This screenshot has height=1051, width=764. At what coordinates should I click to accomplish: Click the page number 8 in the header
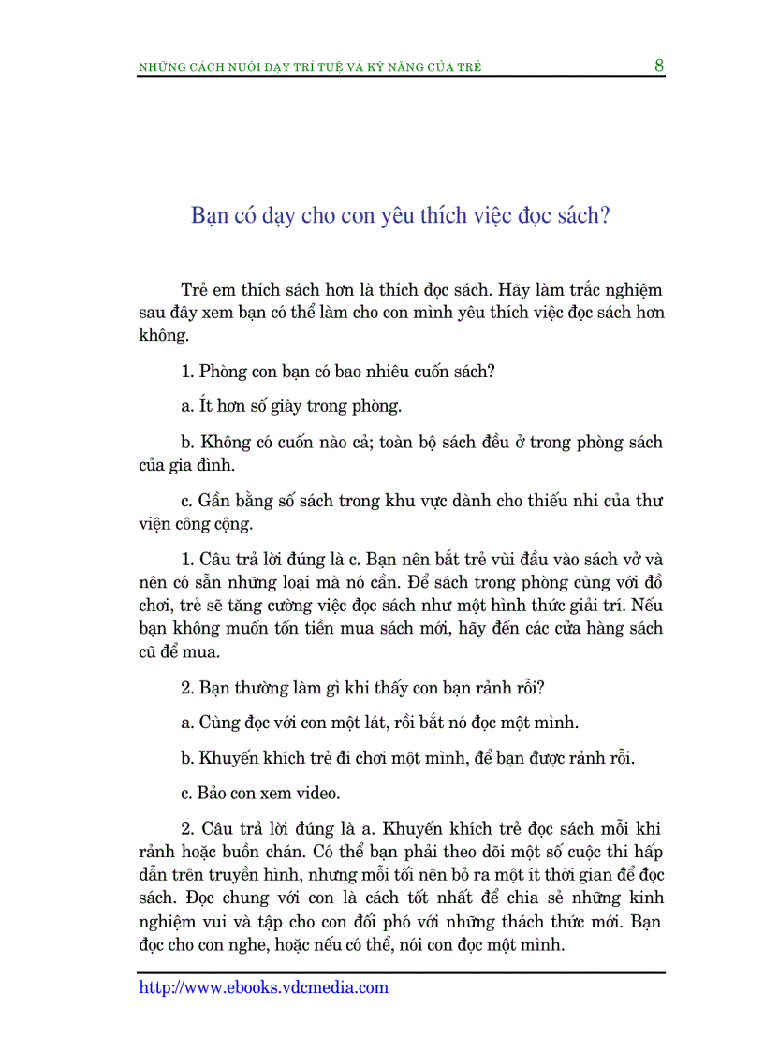[659, 66]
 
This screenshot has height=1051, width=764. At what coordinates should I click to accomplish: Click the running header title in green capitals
[310, 67]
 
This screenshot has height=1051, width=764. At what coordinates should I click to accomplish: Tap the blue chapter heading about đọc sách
[401, 216]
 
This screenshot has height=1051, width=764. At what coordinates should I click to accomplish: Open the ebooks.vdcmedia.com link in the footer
[263, 987]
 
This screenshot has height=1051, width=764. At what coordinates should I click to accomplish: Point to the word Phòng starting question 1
[225, 372]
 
